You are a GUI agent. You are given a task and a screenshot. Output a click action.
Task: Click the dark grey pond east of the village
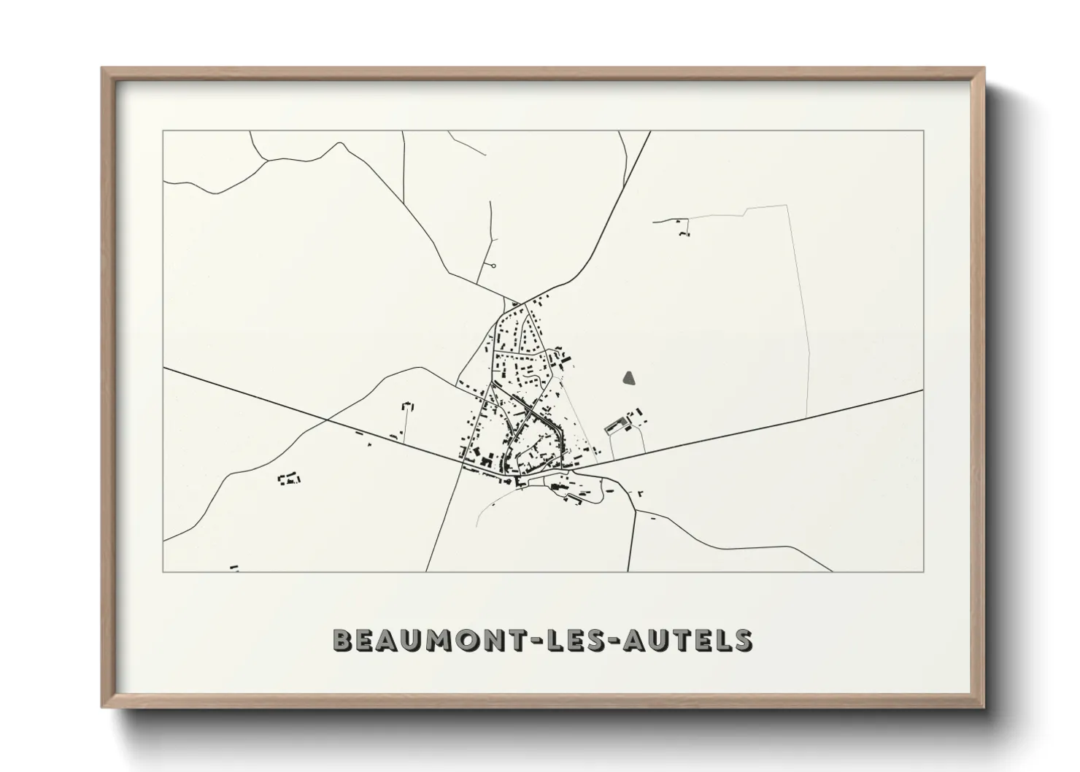click(x=629, y=378)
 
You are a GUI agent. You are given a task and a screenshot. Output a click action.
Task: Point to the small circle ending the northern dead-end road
click(x=494, y=266)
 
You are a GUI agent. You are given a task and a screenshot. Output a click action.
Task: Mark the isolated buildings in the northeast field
click(x=682, y=228)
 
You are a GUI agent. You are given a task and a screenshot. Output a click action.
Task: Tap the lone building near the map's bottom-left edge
click(x=234, y=566)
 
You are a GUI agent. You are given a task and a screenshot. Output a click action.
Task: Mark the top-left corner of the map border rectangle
click(x=163, y=131)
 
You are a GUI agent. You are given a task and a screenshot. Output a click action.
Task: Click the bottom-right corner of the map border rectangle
click(x=924, y=571)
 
